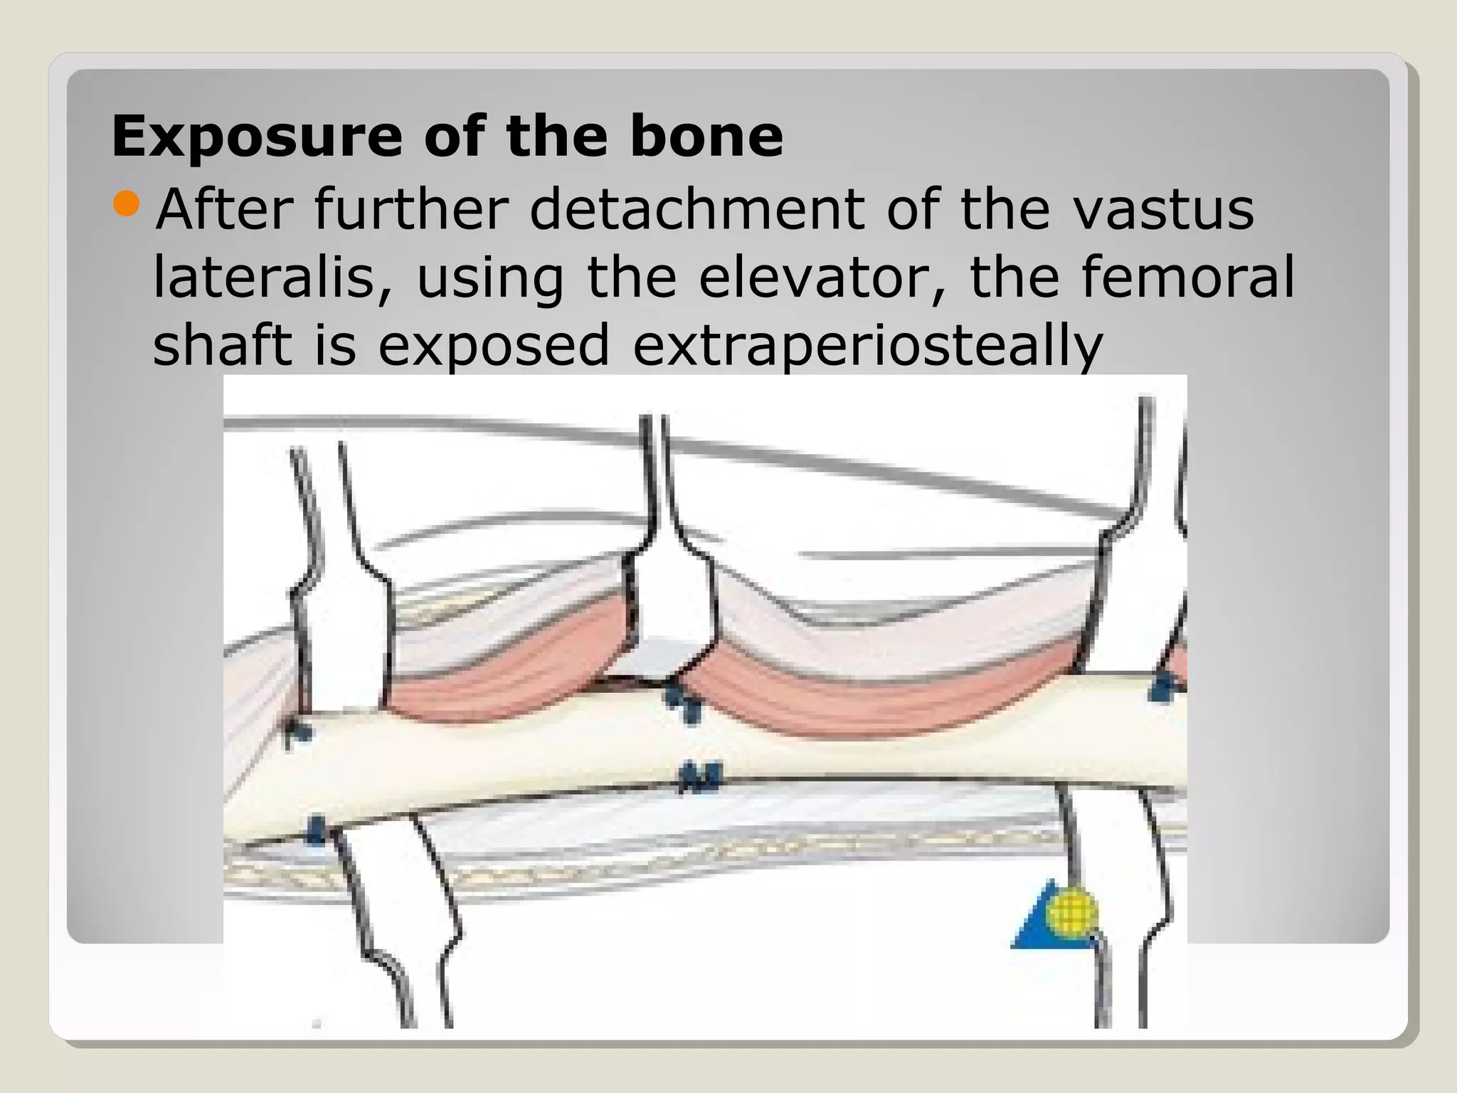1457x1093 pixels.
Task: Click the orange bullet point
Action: click(127, 204)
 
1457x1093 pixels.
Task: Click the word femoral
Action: click(1188, 278)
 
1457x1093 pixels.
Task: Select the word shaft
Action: click(222, 344)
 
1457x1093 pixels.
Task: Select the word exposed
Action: click(494, 346)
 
